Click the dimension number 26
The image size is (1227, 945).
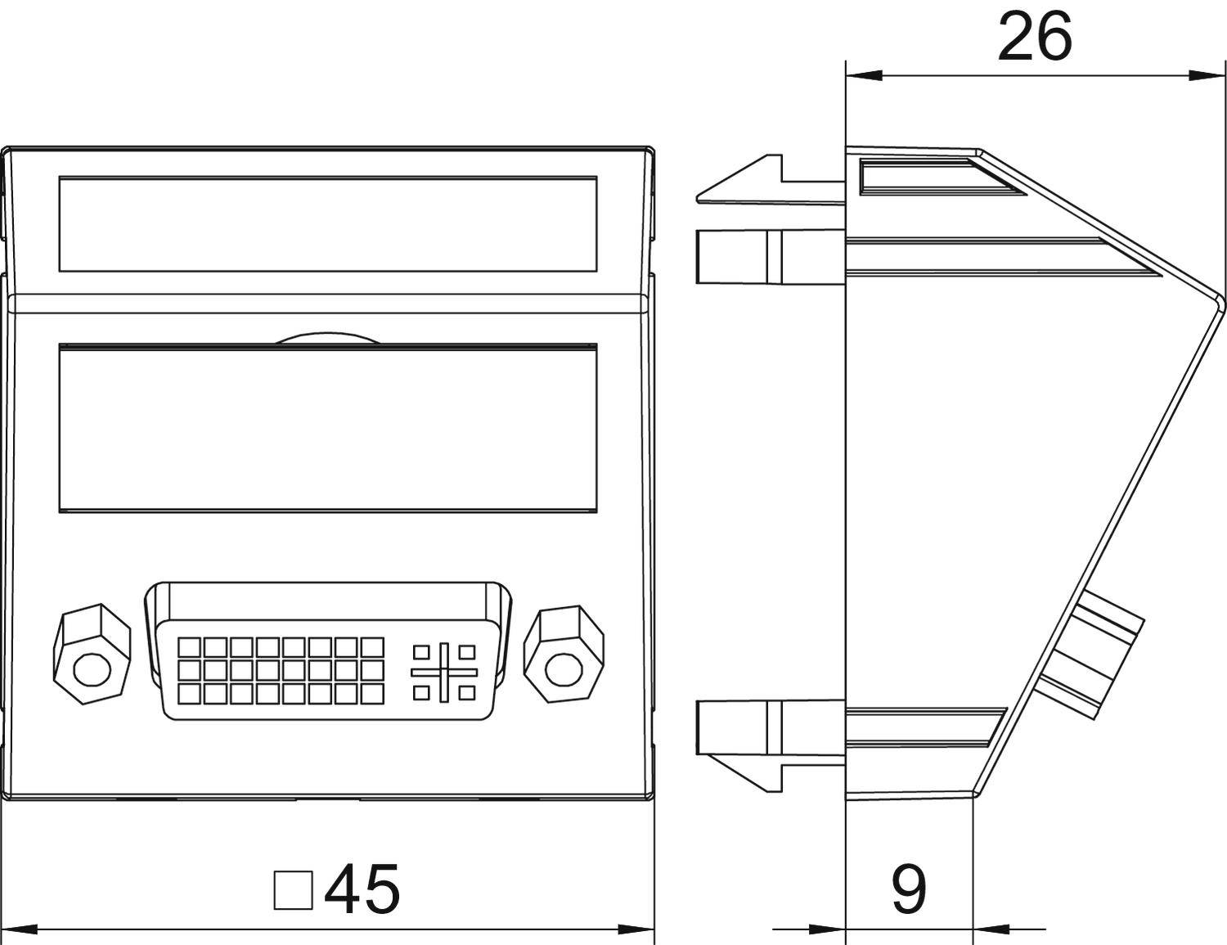pos(1034,37)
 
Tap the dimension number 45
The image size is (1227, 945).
pos(362,889)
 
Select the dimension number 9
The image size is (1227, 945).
pos(908,889)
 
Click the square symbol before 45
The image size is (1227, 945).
pos(294,889)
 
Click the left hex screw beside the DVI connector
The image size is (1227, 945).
pos(92,655)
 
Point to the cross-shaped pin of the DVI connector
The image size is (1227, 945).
pos(444,672)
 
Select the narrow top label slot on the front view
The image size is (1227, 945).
pos(328,224)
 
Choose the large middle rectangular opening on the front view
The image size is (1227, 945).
pos(328,429)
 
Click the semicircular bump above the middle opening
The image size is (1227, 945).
pos(327,338)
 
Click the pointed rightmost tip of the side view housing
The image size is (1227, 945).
pos(1225,299)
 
